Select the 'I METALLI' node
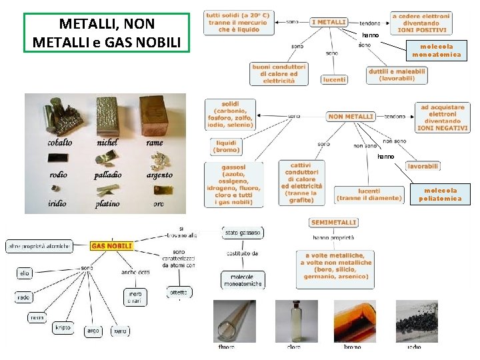(329, 22)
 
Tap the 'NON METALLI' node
(350, 117)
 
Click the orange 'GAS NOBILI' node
(112, 246)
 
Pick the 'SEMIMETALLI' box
(333, 223)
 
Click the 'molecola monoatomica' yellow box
(437, 51)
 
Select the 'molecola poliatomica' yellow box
(439, 194)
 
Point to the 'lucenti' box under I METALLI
(334, 79)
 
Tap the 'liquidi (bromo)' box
(226, 146)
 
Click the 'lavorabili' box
(423, 165)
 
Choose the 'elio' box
(24, 273)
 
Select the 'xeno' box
(120, 331)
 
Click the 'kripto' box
(63, 327)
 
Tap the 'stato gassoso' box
(243, 233)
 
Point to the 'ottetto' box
(179, 292)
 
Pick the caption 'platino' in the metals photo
(107, 203)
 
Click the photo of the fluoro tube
(234, 321)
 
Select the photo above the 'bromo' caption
(353, 321)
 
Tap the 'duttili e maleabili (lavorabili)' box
(397, 75)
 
